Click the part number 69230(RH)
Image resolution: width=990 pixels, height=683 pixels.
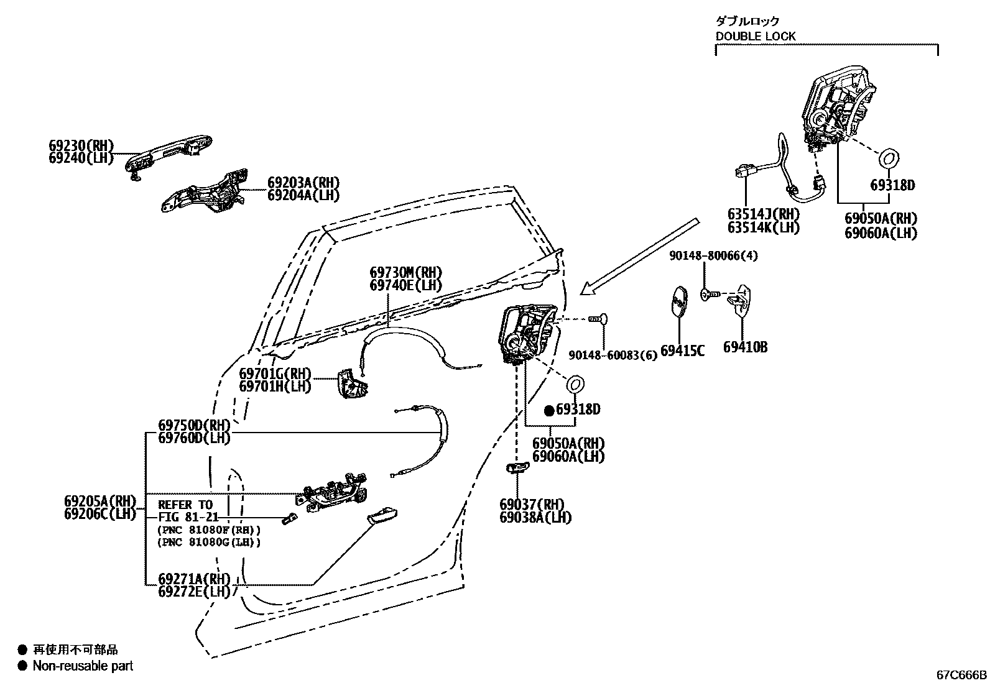point(81,146)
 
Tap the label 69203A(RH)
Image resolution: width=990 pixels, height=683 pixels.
point(304,183)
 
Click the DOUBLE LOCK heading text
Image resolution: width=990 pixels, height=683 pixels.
point(755,36)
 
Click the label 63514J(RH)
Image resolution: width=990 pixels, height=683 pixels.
point(763,214)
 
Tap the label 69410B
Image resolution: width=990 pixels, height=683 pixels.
point(745,347)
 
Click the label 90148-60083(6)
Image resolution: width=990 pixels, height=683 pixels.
point(613,355)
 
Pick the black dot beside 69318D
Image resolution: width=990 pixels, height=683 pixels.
point(548,410)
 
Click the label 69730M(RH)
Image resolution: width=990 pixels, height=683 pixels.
point(405,273)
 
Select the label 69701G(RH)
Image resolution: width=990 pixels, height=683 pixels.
point(275,374)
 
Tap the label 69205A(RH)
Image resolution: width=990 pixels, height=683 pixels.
point(99,501)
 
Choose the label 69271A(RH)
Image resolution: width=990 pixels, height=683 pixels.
point(194,579)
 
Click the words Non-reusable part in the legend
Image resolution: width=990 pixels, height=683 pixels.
point(83,666)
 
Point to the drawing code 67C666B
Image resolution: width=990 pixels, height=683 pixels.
point(961,675)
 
